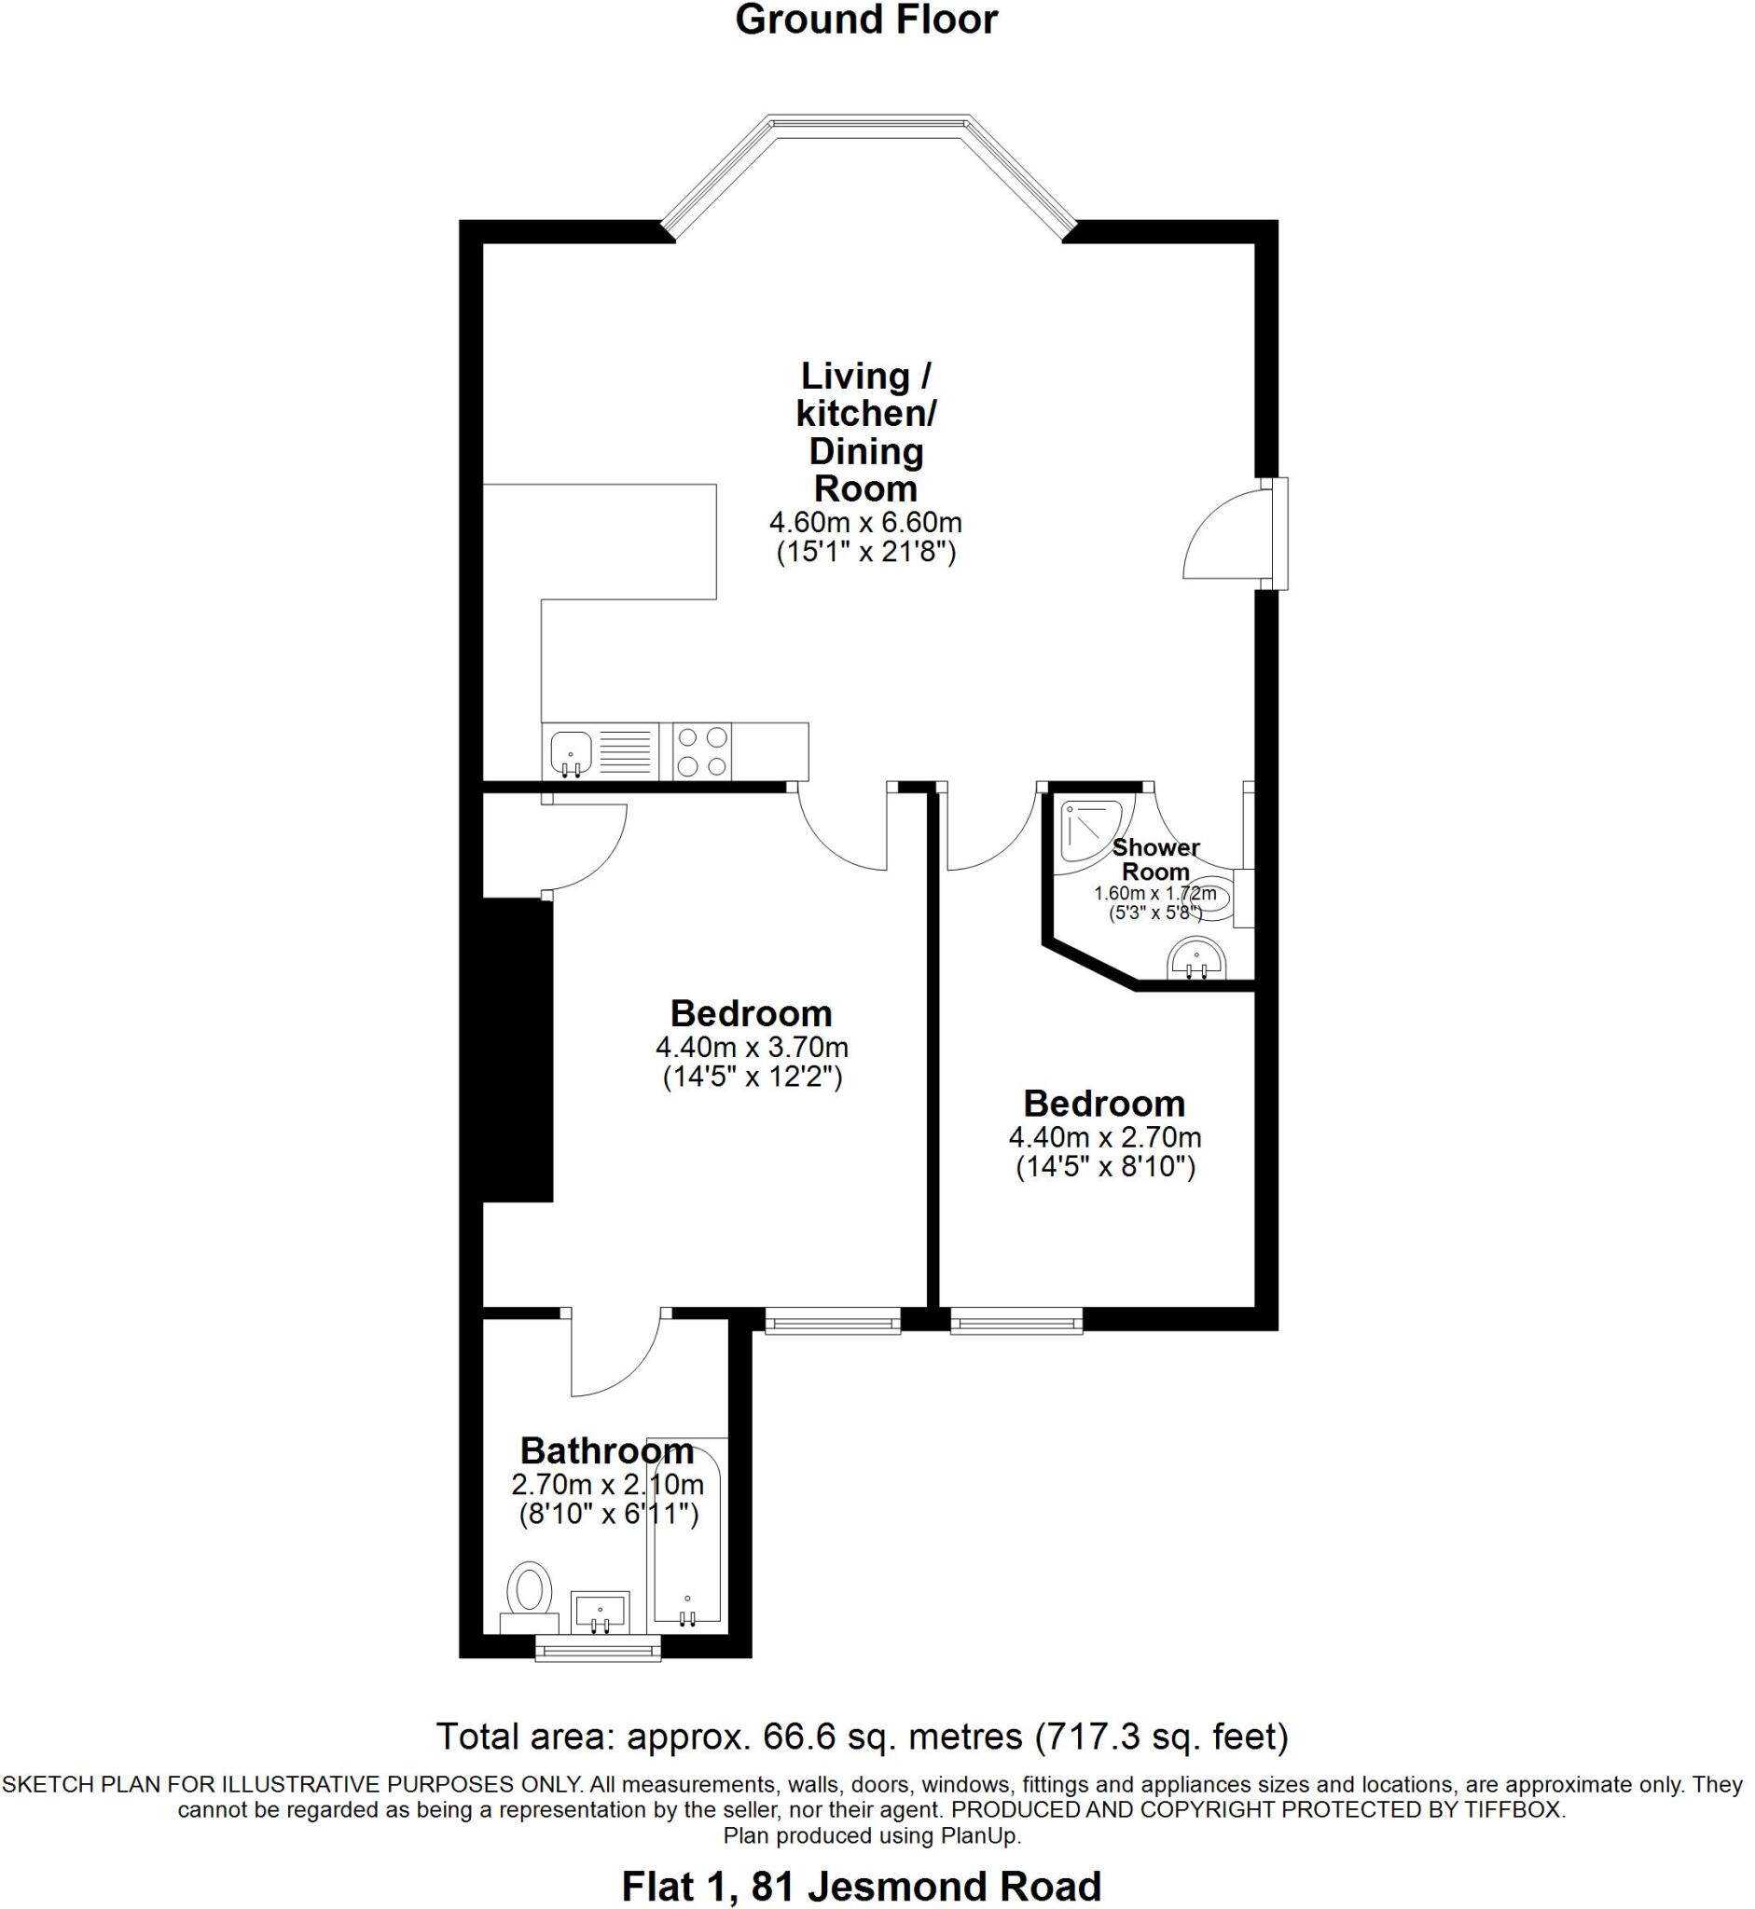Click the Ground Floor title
coord(866,20)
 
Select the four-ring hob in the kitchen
coord(702,751)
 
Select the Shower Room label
coord(1154,859)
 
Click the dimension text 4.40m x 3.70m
coord(752,1048)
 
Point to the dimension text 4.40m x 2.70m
coord(1104,1137)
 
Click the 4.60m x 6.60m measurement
coord(865,522)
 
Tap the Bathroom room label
coord(607,1451)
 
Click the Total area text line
coord(862,1737)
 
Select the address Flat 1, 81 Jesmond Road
coord(862,1886)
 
